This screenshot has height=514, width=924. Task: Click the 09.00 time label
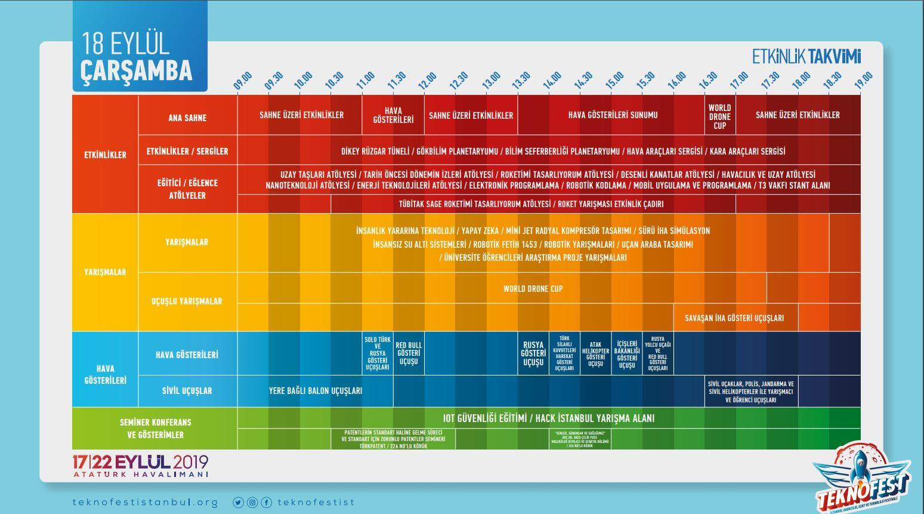pyautogui.click(x=243, y=81)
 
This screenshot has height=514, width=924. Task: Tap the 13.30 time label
pyautogui.click(x=521, y=81)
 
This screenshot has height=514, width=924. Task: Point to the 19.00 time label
pyautogui.click(x=864, y=81)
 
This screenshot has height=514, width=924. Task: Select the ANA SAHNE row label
pyautogui.click(x=187, y=118)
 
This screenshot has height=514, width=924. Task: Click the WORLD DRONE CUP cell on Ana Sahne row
pyautogui.click(x=720, y=117)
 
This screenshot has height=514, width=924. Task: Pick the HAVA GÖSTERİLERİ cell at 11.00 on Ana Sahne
pyautogui.click(x=393, y=115)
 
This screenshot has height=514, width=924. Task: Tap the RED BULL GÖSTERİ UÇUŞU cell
pyautogui.click(x=409, y=353)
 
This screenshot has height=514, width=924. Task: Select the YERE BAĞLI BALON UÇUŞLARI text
pyautogui.click(x=316, y=391)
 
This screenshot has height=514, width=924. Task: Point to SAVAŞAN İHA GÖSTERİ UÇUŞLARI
pyautogui.click(x=734, y=318)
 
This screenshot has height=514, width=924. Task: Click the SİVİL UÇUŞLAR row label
pyautogui.click(x=187, y=391)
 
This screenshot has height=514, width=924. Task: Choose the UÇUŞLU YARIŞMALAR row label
pyautogui.click(x=187, y=301)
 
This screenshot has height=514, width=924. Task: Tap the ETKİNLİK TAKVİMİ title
pyautogui.click(x=806, y=57)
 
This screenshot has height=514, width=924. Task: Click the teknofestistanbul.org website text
pyautogui.click(x=145, y=502)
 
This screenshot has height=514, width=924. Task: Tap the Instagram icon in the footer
pyautogui.click(x=252, y=503)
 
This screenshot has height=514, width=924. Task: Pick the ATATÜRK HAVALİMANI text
pyautogui.click(x=141, y=475)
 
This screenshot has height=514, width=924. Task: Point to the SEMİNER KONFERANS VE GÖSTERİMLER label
pyautogui.click(x=155, y=429)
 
